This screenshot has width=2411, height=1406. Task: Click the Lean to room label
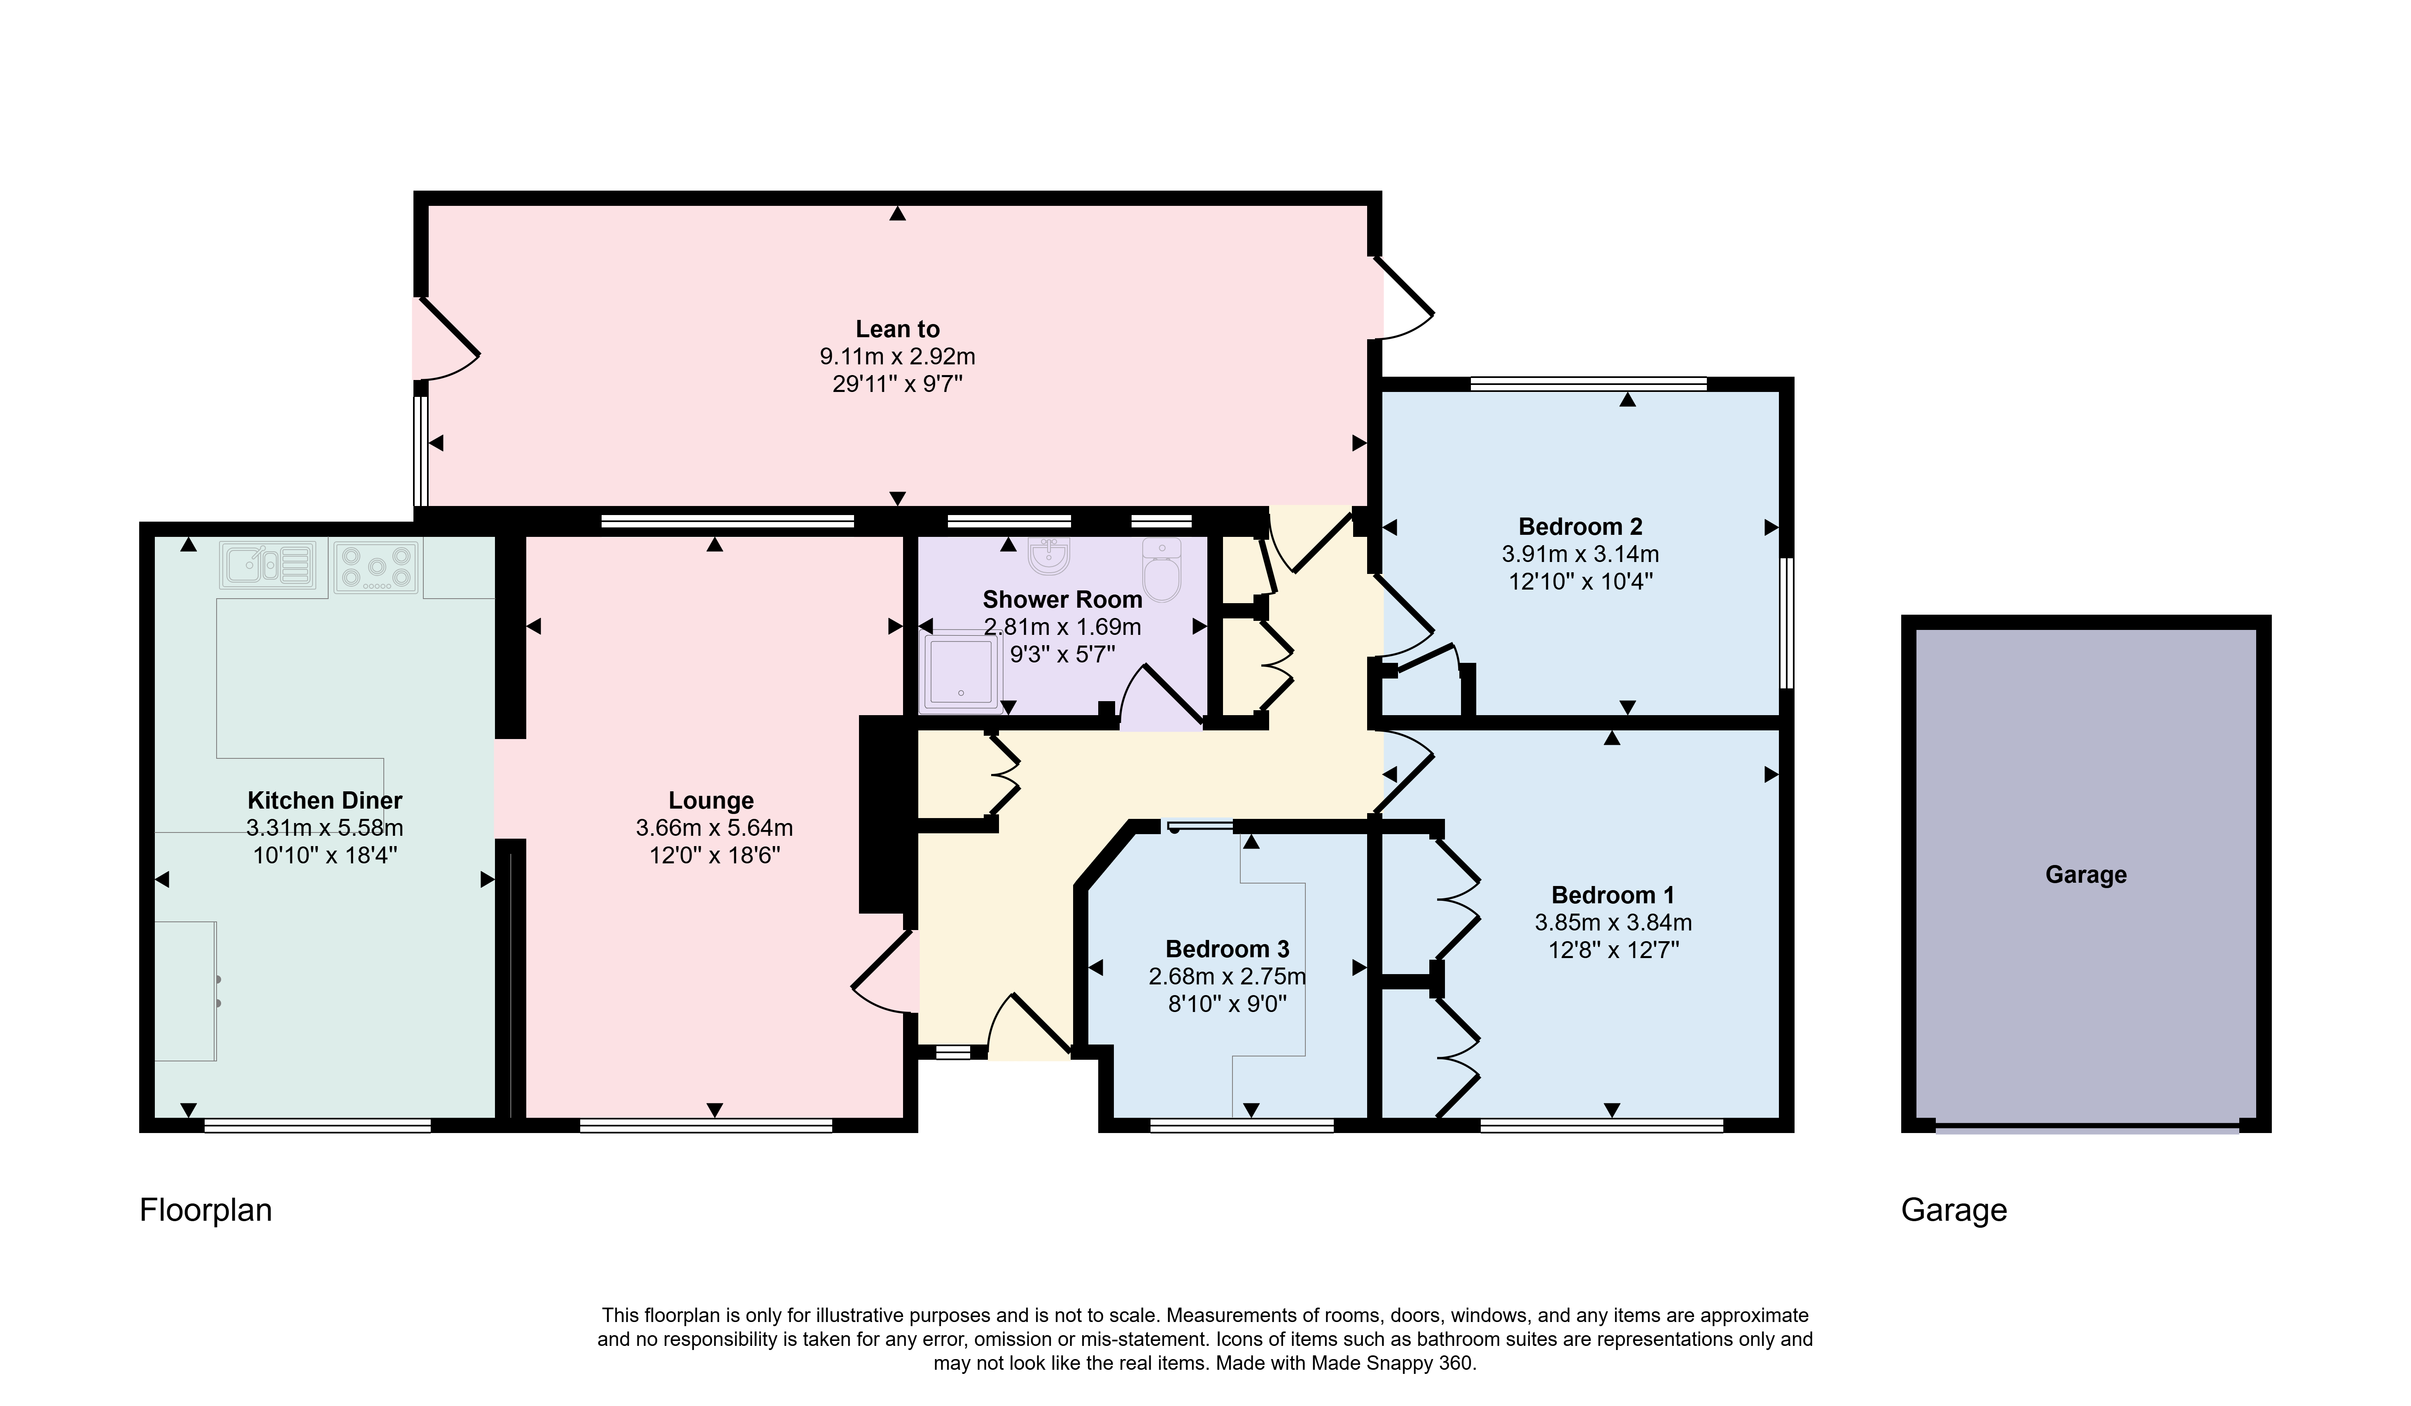897,329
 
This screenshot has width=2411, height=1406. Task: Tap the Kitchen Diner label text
325,800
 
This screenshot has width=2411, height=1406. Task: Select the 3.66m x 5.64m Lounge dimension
714,828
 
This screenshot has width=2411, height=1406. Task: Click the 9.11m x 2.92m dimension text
897,357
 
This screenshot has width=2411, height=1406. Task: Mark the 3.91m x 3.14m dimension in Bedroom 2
1580,554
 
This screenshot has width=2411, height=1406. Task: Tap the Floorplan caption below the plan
206,1211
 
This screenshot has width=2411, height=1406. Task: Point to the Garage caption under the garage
1954,1211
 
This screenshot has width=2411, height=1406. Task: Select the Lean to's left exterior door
446,340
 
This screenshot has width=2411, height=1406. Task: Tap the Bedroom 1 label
1613,895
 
